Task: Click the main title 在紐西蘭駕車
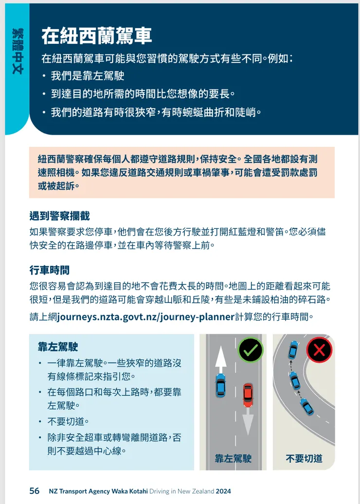coord(96,36)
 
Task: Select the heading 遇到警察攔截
coord(59,216)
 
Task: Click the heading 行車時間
coord(49,270)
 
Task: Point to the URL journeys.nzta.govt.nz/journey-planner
coord(145,317)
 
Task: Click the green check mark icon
coord(251,350)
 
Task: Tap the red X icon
coord(319,350)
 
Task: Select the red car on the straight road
coord(248,395)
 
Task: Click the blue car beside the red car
coord(220,385)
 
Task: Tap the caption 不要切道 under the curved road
coord(304,458)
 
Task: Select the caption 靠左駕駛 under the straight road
coord(233,458)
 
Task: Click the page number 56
coord(35,491)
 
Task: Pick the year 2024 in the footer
coord(223,491)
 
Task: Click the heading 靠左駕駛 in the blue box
coord(58,347)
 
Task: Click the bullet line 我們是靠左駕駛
coord(88,76)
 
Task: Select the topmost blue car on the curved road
coord(293,349)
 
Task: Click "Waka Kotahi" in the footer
coord(128,491)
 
